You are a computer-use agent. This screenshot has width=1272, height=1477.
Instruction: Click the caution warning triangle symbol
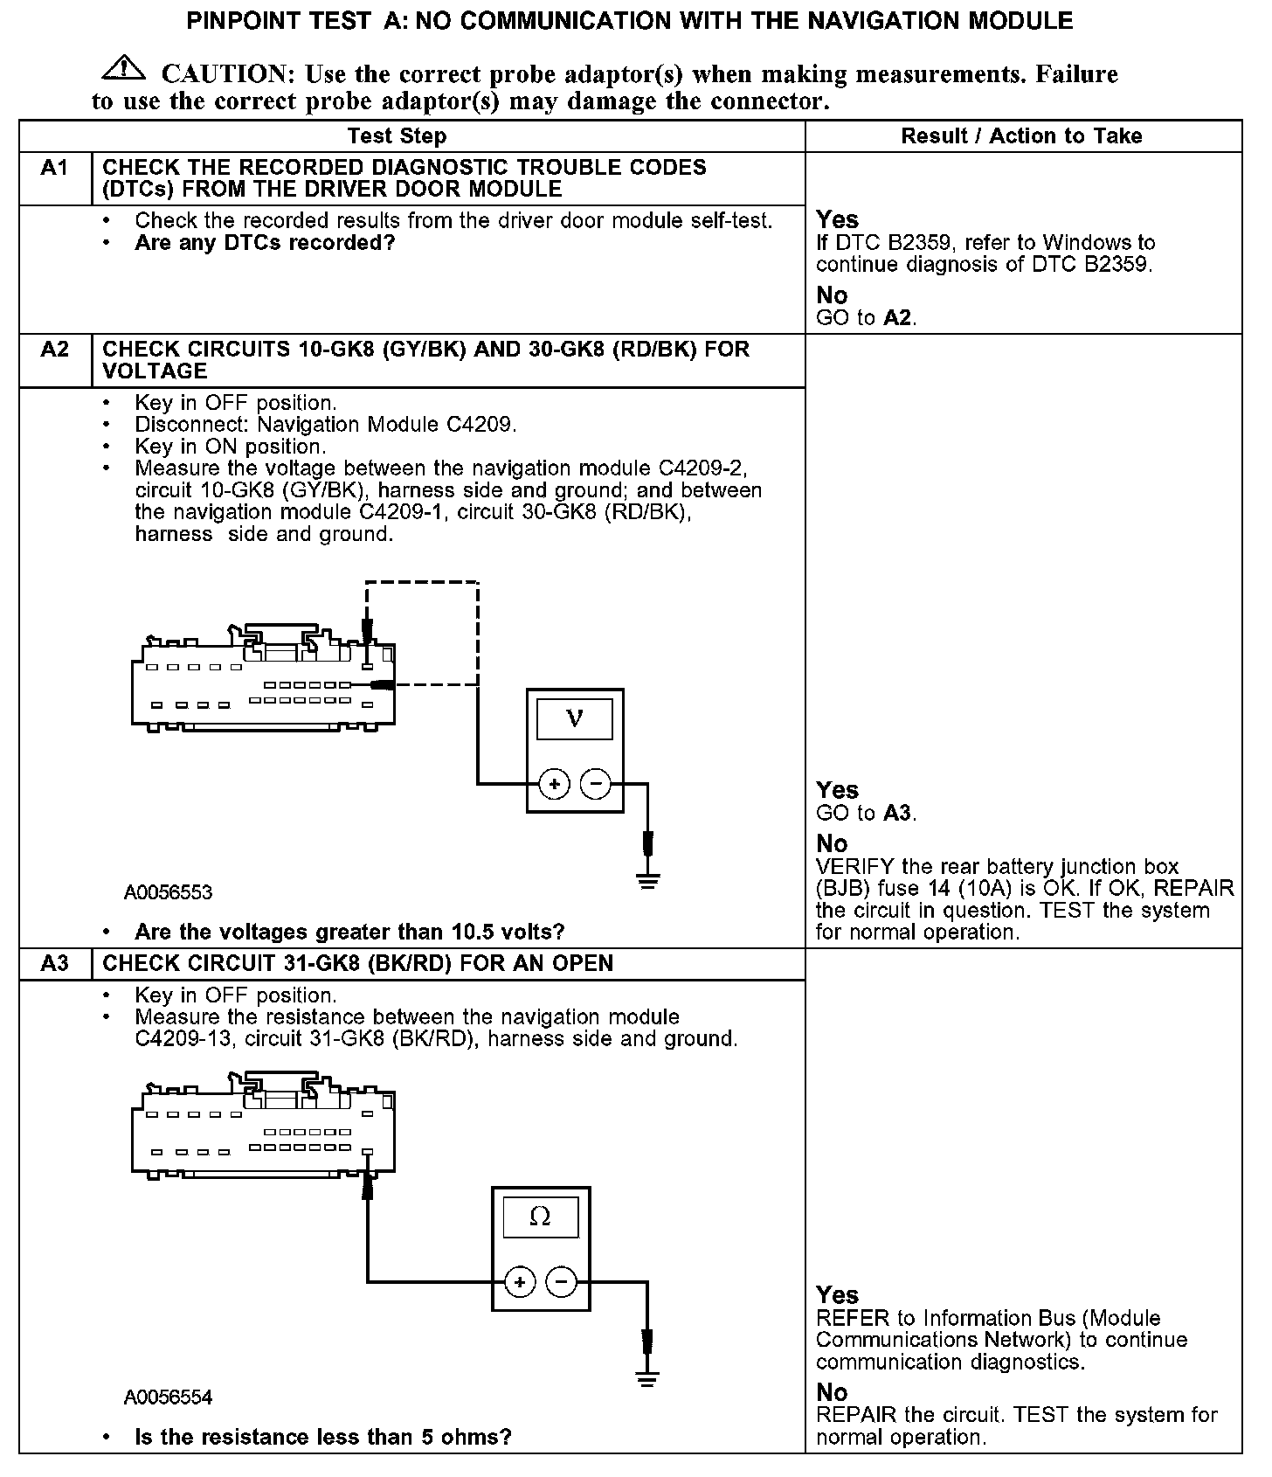pyautogui.click(x=124, y=69)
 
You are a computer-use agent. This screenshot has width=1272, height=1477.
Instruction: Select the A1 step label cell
pyautogui.click(x=55, y=168)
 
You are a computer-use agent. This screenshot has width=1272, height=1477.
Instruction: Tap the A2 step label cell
pyautogui.click(x=55, y=350)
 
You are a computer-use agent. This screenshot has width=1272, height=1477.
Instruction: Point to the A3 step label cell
pyautogui.click(x=55, y=963)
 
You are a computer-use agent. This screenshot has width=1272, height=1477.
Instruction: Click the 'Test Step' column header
pyautogui.click(x=397, y=136)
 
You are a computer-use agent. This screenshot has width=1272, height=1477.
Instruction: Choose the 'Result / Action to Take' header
pyautogui.click(x=1021, y=136)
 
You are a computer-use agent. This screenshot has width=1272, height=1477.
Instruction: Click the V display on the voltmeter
pyautogui.click(x=574, y=719)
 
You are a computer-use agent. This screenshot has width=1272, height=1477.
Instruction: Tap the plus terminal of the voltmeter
pyautogui.click(x=554, y=784)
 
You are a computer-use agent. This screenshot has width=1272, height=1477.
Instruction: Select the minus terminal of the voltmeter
pyautogui.click(x=596, y=784)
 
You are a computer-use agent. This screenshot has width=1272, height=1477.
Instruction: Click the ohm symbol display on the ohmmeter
pyautogui.click(x=540, y=1217)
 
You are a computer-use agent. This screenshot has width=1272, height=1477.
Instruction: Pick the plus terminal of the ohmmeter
pyautogui.click(x=520, y=1282)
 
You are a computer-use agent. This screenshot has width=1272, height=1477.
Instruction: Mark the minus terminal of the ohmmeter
pyautogui.click(x=561, y=1282)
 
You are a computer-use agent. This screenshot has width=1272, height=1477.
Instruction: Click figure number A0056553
pyautogui.click(x=169, y=892)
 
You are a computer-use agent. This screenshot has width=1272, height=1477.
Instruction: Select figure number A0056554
pyautogui.click(x=169, y=1397)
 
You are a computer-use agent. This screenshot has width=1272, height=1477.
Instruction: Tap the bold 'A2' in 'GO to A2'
pyautogui.click(x=898, y=318)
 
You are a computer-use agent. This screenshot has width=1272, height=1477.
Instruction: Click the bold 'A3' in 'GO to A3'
pyautogui.click(x=898, y=814)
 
